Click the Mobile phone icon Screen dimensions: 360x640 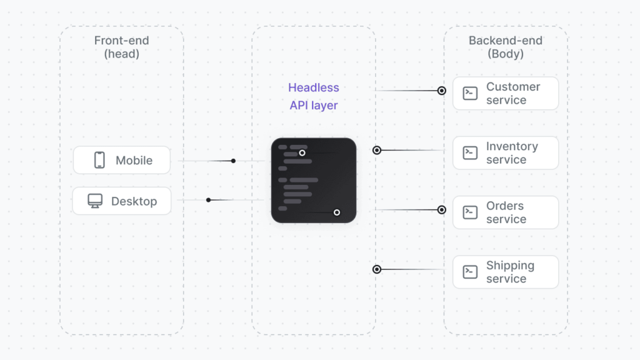99,160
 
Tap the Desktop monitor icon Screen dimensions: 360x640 95,201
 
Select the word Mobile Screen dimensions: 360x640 134,161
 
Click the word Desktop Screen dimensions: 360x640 134,201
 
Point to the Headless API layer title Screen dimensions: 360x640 314,97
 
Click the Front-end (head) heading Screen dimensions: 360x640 122,47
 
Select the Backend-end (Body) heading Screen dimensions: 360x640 506,47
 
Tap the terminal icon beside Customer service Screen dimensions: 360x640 470,93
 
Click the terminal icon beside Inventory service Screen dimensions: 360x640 470,153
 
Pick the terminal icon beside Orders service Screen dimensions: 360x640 470,212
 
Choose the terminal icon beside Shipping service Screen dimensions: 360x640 470,272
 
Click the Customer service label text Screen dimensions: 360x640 513,93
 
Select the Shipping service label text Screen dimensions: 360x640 510,272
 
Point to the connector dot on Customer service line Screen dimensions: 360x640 442,91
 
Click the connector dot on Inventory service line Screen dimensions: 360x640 377,150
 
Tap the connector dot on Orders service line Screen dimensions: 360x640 442,210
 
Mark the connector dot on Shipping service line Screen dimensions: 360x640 377,269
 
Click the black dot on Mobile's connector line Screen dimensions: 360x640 233,161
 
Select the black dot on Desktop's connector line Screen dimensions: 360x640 209,200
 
